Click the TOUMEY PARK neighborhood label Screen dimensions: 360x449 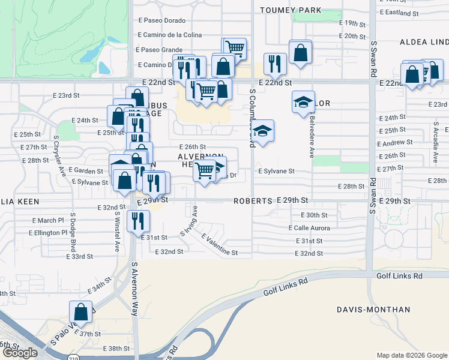[291, 10]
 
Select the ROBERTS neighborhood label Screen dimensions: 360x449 [253, 200]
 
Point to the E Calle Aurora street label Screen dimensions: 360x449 [309, 228]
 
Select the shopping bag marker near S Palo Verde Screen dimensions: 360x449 [80, 313]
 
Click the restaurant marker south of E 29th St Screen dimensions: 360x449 [139, 221]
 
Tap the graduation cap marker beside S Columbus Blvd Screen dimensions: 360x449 [262, 131]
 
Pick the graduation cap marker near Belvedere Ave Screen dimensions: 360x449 [303, 102]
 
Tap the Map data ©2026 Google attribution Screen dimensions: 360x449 [412, 355]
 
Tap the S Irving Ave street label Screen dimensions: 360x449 [190, 220]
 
